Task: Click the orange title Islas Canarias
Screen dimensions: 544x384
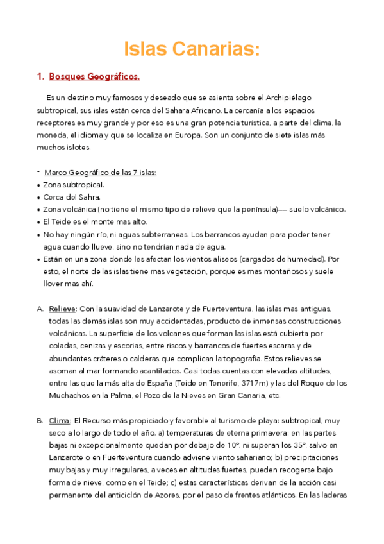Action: pyautogui.click(x=192, y=49)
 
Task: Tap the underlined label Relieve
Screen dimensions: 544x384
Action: pyautogui.click(x=62, y=309)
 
